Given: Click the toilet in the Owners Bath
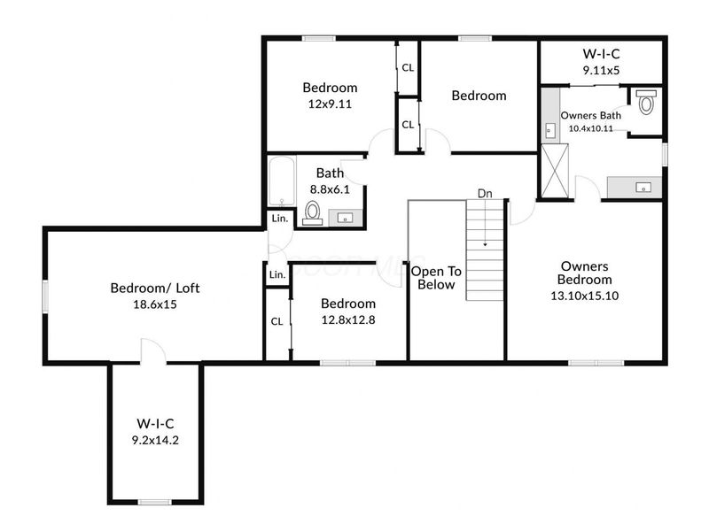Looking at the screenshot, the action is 646,102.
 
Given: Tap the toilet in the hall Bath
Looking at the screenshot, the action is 313,212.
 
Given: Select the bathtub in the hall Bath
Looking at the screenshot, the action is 282,181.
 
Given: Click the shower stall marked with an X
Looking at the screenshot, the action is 555,171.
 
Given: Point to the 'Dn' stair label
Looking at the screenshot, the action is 485,194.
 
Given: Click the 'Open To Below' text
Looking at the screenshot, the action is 436,278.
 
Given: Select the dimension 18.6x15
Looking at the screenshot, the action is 154,304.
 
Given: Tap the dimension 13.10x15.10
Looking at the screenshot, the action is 585,296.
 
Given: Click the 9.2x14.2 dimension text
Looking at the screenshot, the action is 155,440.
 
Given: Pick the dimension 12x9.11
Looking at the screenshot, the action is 330,104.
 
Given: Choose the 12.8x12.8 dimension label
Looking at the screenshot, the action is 348,319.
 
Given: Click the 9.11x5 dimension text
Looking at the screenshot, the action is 601,71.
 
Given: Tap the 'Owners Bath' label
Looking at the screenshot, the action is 591,116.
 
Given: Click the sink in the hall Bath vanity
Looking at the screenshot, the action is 346,219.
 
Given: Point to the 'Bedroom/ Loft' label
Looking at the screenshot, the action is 155,289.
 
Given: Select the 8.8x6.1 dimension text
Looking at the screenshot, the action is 330,189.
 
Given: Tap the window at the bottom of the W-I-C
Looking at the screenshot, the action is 154,502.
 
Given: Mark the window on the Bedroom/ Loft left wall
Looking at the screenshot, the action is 45,296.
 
